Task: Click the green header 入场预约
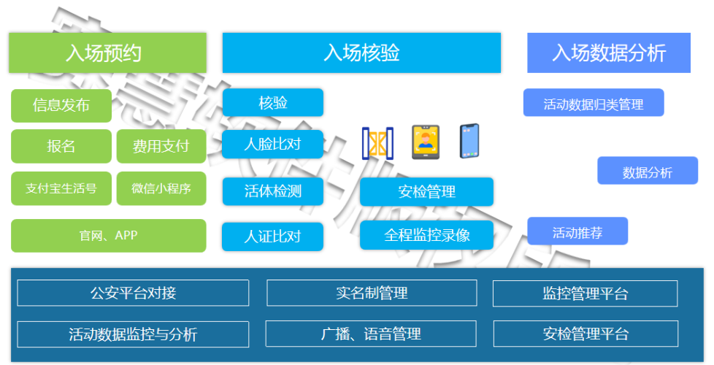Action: click(x=107, y=53)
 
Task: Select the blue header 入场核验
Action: click(x=361, y=53)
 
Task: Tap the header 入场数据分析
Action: click(x=609, y=53)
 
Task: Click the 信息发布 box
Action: click(x=61, y=105)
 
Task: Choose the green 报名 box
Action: click(x=61, y=146)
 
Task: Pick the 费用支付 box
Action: click(x=161, y=146)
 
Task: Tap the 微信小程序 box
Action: click(x=161, y=188)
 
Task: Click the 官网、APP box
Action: click(x=108, y=235)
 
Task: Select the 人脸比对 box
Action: click(x=272, y=144)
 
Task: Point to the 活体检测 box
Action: click(x=272, y=191)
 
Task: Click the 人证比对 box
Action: click(x=272, y=237)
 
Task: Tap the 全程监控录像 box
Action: click(x=426, y=236)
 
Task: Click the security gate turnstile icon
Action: click(x=377, y=142)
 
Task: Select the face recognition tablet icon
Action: click(x=425, y=142)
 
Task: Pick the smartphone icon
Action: click(x=469, y=141)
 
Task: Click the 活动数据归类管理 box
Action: click(x=593, y=103)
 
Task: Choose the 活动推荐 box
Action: click(x=577, y=231)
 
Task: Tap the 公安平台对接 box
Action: click(x=133, y=293)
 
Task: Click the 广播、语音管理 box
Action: click(x=371, y=334)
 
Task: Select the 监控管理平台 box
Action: click(x=585, y=293)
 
